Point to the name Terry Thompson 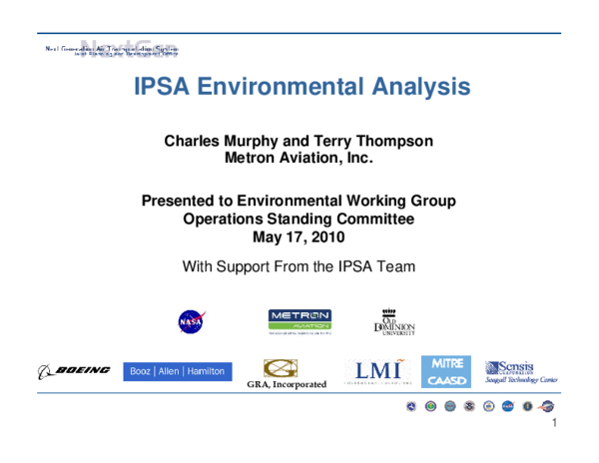pyautogui.click(x=377, y=142)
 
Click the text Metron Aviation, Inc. pyautogui.click(x=299, y=159)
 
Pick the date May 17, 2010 pyautogui.click(x=299, y=236)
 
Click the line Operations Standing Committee pyautogui.click(x=299, y=219)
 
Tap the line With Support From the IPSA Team pyautogui.click(x=299, y=266)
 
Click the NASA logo pyautogui.click(x=191, y=321)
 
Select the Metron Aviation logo pyautogui.click(x=299, y=321)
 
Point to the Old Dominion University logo pyautogui.click(x=394, y=321)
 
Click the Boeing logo pyautogui.click(x=75, y=371)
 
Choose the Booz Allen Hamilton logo pyautogui.click(x=178, y=371)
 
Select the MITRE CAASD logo pyautogui.click(x=446, y=371)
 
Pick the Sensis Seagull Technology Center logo pyautogui.click(x=520, y=371)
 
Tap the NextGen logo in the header pyautogui.click(x=110, y=49)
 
